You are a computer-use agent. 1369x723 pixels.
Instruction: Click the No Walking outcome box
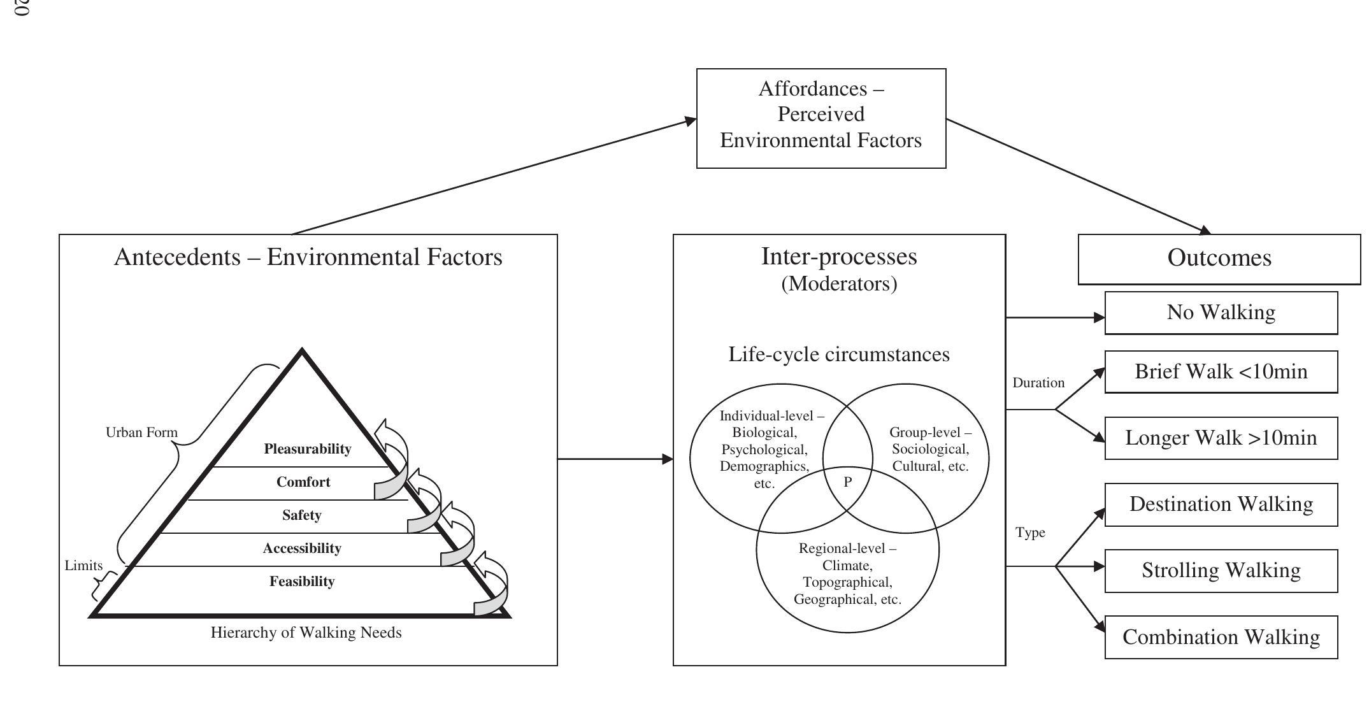pos(1221,313)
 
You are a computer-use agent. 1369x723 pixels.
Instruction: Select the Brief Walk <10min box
pos(1221,372)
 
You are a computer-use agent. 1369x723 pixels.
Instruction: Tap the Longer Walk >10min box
pos(1221,438)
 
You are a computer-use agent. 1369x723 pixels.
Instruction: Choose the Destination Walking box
pos(1221,505)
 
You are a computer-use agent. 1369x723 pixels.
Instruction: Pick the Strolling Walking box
pos(1221,571)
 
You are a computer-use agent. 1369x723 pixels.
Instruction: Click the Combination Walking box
pos(1221,637)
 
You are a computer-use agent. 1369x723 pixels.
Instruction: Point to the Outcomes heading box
pos(1219,259)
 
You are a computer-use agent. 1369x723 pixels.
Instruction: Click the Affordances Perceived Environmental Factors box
pos(821,118)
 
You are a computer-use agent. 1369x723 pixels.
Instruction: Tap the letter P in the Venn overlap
pos(847,482)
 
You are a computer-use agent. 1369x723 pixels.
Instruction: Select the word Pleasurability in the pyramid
pos(308,449)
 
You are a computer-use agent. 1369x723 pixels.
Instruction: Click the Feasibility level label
pos(302,582)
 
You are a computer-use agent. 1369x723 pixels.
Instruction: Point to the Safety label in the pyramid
pos(302,515)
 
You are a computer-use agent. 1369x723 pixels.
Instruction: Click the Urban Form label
pos(141,433)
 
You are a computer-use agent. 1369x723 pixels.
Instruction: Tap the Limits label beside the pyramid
pos(83,566)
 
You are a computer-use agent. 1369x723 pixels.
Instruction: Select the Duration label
pos(1038,383)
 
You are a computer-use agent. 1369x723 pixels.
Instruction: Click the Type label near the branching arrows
pos(1030,533)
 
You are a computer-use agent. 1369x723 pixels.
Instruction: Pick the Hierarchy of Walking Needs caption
pos(306,633)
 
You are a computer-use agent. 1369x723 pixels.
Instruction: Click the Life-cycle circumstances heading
pos(839,354)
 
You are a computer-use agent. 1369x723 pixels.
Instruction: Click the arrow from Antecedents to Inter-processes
pos(615,459)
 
